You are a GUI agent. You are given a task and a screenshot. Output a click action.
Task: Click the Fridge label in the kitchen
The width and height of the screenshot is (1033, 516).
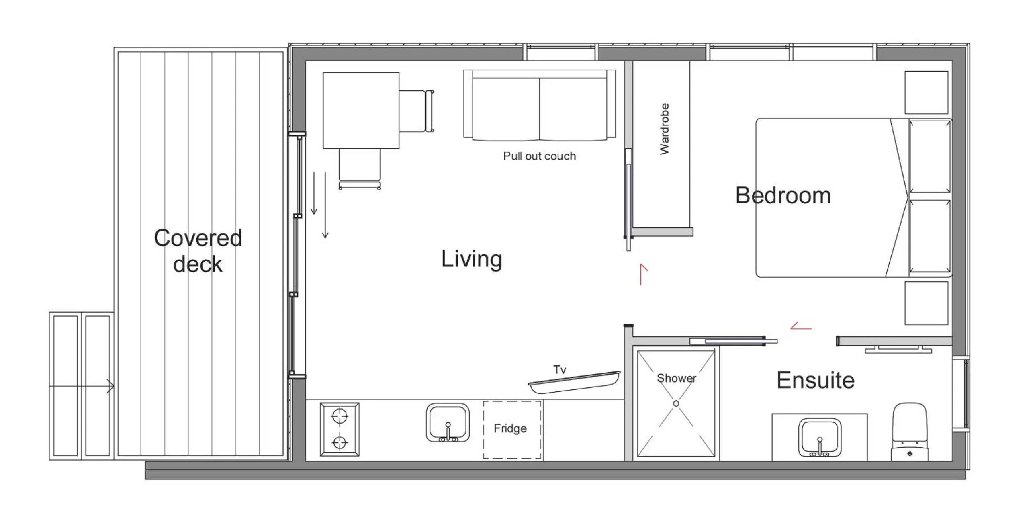[x=510, y=428]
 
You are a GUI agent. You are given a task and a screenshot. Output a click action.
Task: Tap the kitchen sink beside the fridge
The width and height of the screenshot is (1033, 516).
[x=448, y=423]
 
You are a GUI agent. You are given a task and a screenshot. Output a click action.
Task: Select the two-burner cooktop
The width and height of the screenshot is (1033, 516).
[x=340, y=430]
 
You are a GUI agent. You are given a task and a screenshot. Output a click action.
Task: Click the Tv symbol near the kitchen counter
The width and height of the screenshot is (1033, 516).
[x=574, y=382]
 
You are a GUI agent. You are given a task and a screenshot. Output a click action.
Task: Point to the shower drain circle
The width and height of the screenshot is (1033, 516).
[x=676, y=403]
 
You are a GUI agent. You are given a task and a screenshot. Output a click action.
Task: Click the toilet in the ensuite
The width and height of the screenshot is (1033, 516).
[x=910, y=432]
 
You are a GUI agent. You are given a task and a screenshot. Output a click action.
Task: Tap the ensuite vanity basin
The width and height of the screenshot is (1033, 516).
[x=819, y=437]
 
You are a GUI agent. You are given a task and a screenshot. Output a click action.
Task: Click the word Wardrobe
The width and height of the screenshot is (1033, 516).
[x=665, y=129]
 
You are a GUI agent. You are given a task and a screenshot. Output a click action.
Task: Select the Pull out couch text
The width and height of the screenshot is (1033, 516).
[x=539, y=156]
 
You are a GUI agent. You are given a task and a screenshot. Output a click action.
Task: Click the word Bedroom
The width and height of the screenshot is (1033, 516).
[x=783, y=196]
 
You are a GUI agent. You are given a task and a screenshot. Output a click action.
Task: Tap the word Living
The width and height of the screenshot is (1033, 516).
[x=471, y=259]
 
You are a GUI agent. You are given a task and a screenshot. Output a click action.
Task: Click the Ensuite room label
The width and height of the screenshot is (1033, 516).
[x=815, y=380]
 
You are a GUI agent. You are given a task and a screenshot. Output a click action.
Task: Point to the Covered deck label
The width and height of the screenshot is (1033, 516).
[x=198, y=251]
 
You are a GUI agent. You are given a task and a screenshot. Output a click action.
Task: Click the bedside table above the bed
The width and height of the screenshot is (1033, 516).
[x=926, y=92]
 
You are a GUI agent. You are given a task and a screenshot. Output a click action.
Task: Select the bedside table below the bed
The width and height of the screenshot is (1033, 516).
[x=926, y=303]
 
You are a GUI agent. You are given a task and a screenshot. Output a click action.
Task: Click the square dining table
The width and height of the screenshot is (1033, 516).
[x=361, y=110]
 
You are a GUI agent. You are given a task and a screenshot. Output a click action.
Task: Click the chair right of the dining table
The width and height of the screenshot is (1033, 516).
[x=416, y=111]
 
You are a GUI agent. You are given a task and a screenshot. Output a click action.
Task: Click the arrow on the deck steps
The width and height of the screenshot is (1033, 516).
[x=109, y=386]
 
